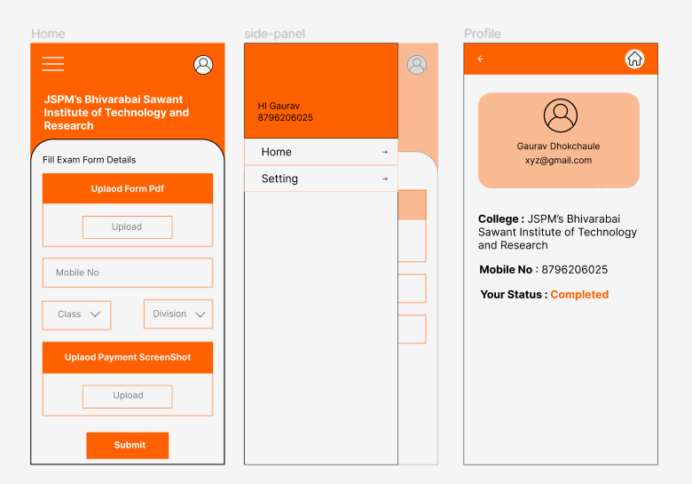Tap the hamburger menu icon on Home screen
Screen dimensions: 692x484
(x=53, y=64)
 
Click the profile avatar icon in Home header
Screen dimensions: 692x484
(x=203, y=65)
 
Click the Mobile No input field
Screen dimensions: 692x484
(x=128, y=273)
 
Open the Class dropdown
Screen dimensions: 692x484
(x=76, y=315)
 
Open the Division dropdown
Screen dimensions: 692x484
(x=178, y=314)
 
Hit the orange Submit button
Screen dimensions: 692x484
(x=128, y=445)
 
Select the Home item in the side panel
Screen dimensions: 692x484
(x=321, y=152)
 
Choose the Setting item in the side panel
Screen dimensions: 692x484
(x=321, y=179)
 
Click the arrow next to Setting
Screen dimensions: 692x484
(x=385, y=179)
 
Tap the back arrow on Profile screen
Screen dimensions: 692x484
(x=481, y=59)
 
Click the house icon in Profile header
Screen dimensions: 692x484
(x=634, y=59)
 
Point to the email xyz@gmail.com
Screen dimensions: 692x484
(x=558, y=161)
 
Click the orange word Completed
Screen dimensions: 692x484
(x=579, y=295)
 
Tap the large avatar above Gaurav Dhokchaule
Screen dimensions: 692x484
(x=561, y=115)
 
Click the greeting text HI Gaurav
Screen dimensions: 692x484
(x=279, y=106)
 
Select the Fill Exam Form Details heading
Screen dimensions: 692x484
(x=89, y=160)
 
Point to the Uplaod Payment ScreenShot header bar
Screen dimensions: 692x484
(x=128, y=357)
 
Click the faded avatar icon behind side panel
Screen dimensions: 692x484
(x=417, y=65)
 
